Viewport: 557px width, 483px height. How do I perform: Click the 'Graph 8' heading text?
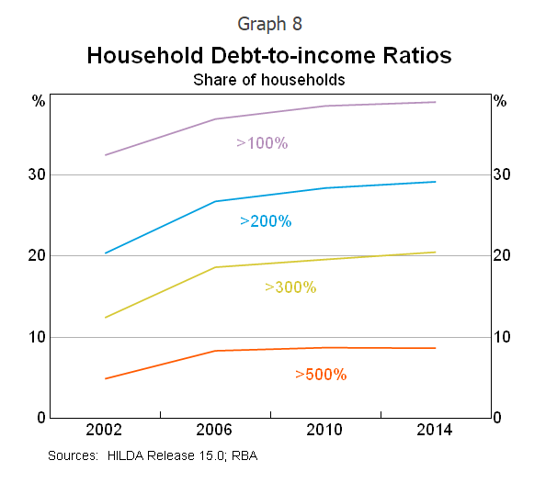coord(269,22)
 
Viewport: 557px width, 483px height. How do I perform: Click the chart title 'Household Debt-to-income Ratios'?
coord(269,55)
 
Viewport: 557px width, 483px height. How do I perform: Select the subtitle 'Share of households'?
coord(269,80)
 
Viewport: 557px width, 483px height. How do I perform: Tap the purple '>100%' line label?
coord(263,143)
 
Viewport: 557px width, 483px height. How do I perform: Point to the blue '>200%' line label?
coord(266,221)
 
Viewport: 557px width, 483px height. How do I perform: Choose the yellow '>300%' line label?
coord(290,287)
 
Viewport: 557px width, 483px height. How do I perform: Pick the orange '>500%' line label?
coord(321,374)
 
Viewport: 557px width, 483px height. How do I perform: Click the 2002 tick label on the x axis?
coord(106,432)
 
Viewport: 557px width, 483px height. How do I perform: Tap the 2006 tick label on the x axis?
coord(215,432)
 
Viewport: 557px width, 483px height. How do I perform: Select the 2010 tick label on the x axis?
coord(324,432)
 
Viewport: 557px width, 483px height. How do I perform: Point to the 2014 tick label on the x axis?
coord(435,432)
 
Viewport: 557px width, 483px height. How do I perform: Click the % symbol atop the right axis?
coord(500,102)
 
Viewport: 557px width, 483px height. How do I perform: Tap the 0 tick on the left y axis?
coord(40,418)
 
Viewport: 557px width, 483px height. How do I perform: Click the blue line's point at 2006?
coord(215,201)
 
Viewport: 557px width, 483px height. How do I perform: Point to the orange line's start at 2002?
coord(106,378)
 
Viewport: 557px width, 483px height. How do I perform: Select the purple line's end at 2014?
coord(435,102)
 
